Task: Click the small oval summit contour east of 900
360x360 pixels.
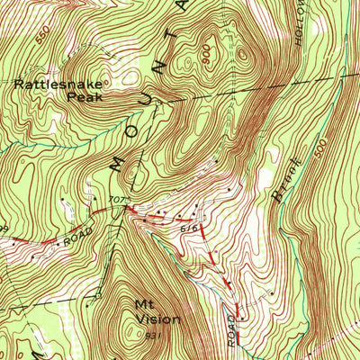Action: tap(244, 54)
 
